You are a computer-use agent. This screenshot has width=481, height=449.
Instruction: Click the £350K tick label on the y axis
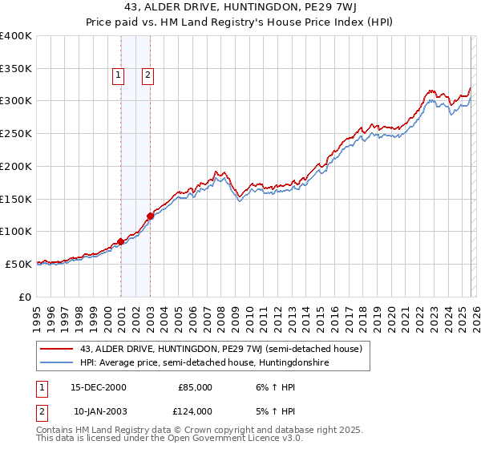pyautogui.click(x=16, y=69)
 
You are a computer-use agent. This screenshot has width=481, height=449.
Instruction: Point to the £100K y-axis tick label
pyautogui.click(x=16, y=231)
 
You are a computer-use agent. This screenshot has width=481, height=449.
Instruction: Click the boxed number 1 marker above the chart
pyautogui.click(x=118, y=75)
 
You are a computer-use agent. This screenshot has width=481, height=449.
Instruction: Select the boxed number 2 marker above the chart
pyautogui.click(x=148, y=75)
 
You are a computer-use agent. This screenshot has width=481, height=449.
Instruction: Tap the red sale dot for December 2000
pyautogui.click(x=121, y=241)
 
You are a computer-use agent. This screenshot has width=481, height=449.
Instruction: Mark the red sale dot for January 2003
pyautogui.click(x=150, y=216)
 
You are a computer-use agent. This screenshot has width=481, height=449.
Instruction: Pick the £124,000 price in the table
pyautogui.click(x=195, y=411)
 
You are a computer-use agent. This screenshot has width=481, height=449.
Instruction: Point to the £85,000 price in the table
pyautogui.click(x=195, y=387)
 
